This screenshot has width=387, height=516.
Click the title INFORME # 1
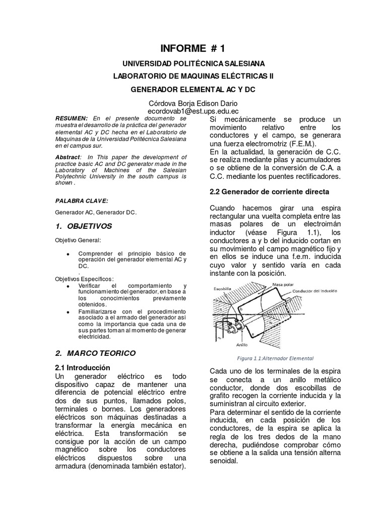tap(192, 48)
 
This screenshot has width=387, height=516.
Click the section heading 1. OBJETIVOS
tap(84, 226)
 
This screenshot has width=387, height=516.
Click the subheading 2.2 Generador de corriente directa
tap(269, 192)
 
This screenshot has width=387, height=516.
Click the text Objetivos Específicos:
tap(85, 279)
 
